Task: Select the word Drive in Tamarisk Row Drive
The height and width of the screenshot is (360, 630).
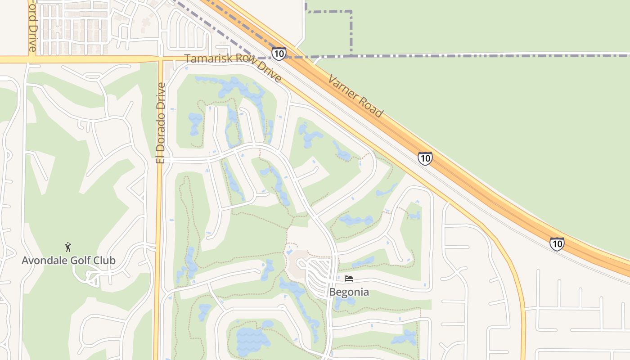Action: coord(270,73)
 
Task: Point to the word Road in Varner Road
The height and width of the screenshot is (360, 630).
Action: coord(371,107)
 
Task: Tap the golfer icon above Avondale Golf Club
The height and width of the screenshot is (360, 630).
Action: coord(68,247)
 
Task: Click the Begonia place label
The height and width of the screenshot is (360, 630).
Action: coord(349,292)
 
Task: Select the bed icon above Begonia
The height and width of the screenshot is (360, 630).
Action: coord(348,279)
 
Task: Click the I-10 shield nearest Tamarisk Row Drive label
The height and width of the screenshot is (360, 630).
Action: coord(279,54)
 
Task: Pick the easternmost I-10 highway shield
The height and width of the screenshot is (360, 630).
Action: coord(557,243)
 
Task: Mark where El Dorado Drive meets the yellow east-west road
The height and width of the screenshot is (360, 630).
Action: coord(160,59)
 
